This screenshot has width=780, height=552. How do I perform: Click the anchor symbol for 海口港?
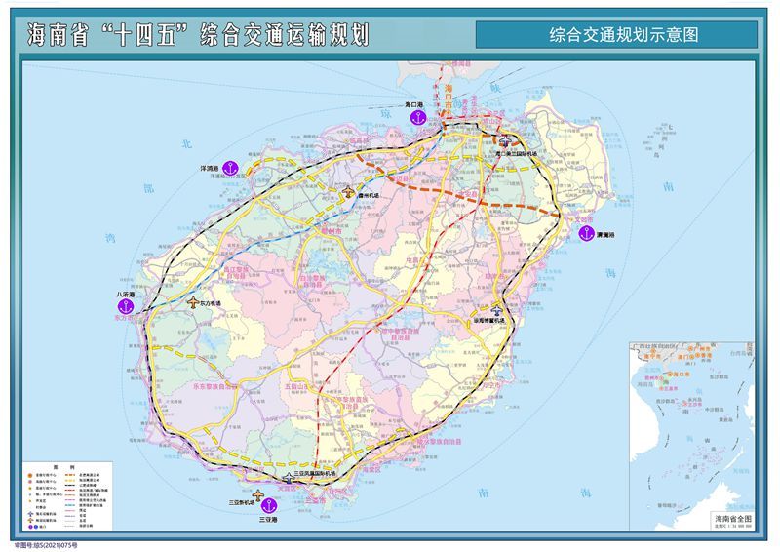click(419, 118)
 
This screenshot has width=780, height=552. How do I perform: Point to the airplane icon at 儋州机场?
click(349, 193)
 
